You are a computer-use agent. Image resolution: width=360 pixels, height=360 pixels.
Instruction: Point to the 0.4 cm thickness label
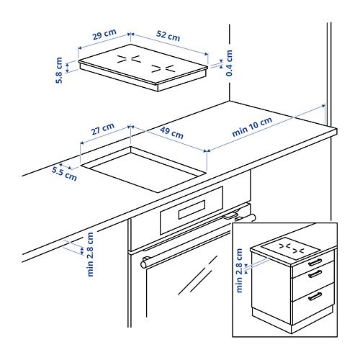click(229, 62)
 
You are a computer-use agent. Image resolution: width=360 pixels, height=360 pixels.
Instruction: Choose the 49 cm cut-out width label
click(171, 133)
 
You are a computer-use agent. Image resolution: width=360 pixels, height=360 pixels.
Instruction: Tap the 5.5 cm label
click(63, 174)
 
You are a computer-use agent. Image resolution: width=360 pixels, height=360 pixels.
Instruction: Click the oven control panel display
click(190, 210)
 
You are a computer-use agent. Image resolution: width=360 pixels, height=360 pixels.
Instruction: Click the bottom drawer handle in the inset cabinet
click(315, 296)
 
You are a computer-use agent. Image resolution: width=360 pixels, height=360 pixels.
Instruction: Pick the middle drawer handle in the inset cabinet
click(314, 274)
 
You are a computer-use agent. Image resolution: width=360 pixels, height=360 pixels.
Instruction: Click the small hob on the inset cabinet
click(291, 248)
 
